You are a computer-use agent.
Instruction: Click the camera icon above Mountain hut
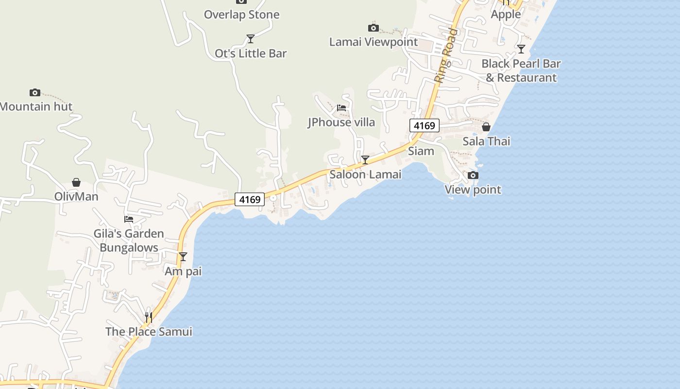(34, 92)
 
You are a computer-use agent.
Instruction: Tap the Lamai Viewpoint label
(373, 42)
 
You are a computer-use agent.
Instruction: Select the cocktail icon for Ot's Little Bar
(250, 38)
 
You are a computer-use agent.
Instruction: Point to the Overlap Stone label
(241, 15)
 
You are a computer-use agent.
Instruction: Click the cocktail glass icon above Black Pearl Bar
(521, 49)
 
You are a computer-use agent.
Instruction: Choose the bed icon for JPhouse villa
(341, 107)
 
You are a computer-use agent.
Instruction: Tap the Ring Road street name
(446, 55)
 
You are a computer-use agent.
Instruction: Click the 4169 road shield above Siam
(424, 126)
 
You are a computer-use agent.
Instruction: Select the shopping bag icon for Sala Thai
(486, 127)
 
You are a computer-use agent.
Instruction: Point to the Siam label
(421, 151)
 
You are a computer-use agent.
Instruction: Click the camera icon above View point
(473, 175)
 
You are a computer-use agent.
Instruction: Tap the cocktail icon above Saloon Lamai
(365, 159)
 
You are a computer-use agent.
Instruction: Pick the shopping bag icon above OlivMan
(76, 182)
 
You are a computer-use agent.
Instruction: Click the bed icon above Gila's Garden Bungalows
(129, 219)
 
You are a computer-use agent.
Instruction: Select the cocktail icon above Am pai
(183, 256)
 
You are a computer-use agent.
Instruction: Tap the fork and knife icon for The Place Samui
(149, 317)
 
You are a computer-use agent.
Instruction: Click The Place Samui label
(149, 332)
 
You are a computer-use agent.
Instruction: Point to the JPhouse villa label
(341, 122)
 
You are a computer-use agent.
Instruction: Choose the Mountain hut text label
(36, 106)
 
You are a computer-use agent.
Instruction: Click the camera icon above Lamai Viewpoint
(373, 28)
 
